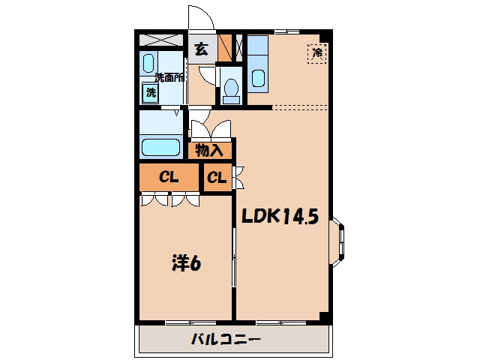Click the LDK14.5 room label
280,217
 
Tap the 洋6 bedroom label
186,263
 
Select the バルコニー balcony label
226,339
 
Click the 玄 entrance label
202,49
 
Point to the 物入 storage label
209,150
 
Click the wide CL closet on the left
169,177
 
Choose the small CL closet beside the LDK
217,177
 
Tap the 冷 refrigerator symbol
317,53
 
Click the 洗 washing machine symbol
150,92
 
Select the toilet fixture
232,91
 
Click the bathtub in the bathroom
160,147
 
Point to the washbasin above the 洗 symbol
148,63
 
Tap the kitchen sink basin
258,78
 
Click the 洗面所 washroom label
169,78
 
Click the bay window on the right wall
338,241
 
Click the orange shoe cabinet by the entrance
225,48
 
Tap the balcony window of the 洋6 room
190,322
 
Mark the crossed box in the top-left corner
161,40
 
